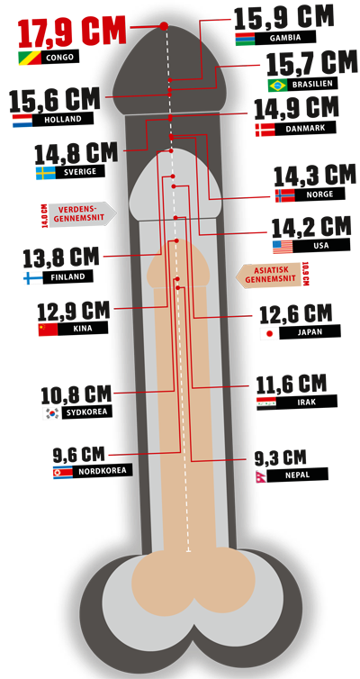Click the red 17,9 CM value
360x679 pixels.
click(72, 32)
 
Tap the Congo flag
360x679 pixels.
click(29, 58)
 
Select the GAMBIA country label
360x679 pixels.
click(285, 38)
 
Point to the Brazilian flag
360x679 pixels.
click(277, 85)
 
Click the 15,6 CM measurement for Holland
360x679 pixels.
click(55, 99)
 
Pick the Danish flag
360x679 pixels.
click(265, 130)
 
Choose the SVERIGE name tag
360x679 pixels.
click(79, 171)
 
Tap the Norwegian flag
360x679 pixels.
click(284, 195)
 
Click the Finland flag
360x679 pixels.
click(33, 277)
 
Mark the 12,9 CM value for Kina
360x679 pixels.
click(74, 312)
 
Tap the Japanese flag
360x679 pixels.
click(270, 334)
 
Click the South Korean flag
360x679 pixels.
click(51, 412)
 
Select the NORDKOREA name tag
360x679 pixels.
click(102, 471)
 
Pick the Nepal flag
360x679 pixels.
click(260, 475)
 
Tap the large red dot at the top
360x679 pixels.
click(164, 26)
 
